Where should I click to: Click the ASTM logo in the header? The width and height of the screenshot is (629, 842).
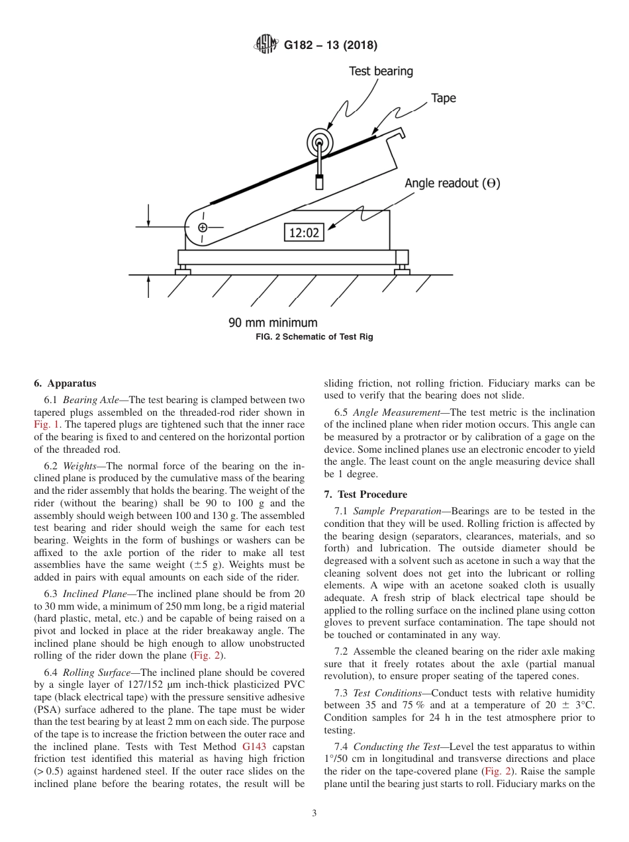point(266,45)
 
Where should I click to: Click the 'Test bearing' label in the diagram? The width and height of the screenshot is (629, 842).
point(381,71)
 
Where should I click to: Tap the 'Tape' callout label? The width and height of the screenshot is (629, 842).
point(443,98)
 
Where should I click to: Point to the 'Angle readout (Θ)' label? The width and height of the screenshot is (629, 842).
point(452,183)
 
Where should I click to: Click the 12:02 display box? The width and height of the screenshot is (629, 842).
point(304,232)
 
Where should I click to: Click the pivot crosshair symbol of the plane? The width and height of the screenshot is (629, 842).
point(203,228)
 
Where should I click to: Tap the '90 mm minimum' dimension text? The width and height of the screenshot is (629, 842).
point(273,323)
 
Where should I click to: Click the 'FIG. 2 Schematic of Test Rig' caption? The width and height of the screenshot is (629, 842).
point(314,337)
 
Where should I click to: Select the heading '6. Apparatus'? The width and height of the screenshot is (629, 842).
point(65,383)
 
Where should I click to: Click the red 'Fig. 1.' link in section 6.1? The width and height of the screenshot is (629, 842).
point(48,425)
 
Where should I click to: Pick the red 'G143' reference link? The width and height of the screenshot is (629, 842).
point(254,746)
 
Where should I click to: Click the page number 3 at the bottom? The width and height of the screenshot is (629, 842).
point(314,814)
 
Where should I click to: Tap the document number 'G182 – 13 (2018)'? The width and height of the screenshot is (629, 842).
point(330,46)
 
